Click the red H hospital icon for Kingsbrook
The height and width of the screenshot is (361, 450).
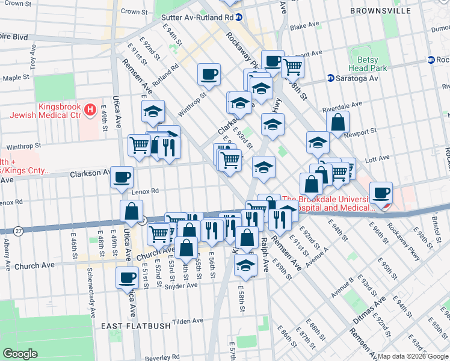(90, 110)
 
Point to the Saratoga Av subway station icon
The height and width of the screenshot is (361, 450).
(331, 78)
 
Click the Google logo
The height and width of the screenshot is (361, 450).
(20, 353)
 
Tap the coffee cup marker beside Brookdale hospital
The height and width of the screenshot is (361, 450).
(381, 193)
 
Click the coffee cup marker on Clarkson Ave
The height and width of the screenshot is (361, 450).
(122, 176)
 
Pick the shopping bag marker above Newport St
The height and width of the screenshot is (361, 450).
(338, 122)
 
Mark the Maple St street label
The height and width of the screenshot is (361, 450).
(16, 78)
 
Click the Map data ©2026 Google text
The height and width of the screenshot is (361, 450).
(412, 356)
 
